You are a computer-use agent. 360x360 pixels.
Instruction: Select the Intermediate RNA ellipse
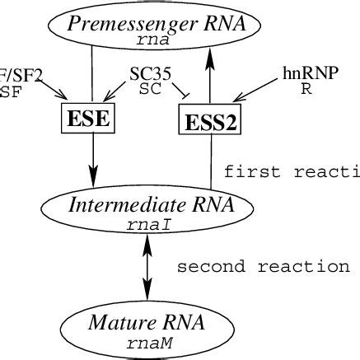pyautogui.click(x=147, y=212)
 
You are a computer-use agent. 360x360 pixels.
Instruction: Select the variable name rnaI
pyautogui.click(x=147, y=223)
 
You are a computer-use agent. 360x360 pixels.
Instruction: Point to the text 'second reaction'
pyautogui.click(x=264, y=267)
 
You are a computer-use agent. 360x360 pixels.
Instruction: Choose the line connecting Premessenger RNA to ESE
pyautogui.click(x=92, y=78)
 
